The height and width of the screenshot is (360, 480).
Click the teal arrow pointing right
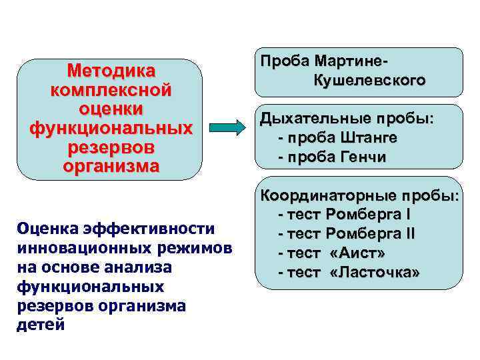229,127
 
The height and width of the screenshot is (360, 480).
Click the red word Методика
111,71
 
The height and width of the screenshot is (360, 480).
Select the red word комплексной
111,89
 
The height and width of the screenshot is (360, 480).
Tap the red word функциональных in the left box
111,127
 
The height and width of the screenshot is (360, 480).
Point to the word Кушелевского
369,81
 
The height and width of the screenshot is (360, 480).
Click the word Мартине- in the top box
355,61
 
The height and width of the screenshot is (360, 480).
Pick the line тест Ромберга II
347,234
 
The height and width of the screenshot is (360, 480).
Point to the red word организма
111,165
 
